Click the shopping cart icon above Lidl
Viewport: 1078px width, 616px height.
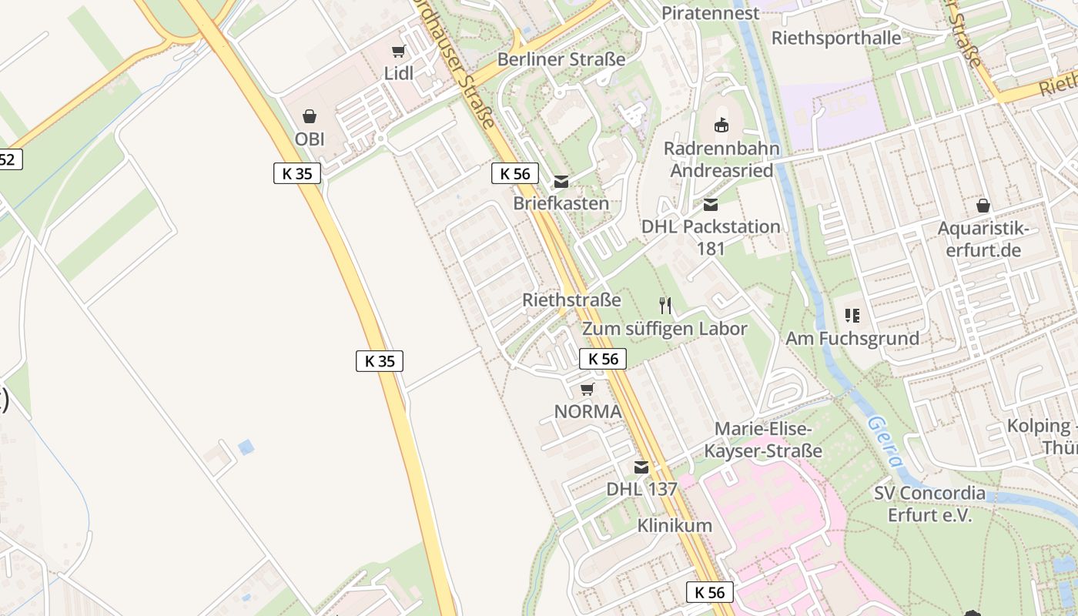pyautogui.click(x=398, y=52)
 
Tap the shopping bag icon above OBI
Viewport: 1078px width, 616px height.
pyautogui.click(x=310, y=116)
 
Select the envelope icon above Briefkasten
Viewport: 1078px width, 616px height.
pyautogui.click(x=561, y=182)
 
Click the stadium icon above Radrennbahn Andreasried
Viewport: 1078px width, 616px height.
pyautogui.click(x=721, y=125)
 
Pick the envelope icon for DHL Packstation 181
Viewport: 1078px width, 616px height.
pyautogui.click(x=710, y=204)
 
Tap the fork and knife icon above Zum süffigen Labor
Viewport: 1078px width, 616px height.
pyautogui.click(x=665, y=306)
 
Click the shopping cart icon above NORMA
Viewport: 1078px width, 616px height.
pyautogui.click(x=588, y=389)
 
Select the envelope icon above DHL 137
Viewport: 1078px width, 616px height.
pyautogui.click(x=641, y=467)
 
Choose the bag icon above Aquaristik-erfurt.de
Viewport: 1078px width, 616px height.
pyautogui.click(x=983, y=206)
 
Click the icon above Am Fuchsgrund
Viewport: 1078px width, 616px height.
pyautogui.click(x=852, y=315)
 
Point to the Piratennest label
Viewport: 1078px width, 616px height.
pyautogui.click(x=710, y=13)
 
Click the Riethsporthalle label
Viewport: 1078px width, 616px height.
pyautogui.click(x=836, y=38)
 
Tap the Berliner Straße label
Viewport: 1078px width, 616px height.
pyautogui.click(x=561, y=59)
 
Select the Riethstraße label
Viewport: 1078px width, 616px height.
pyautogui.click(x=571, y=300)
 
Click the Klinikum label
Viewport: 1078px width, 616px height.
pyautogui.click(x=675, y=526)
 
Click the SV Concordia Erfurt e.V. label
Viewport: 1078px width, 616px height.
pyautogui.click(x=929, y=504)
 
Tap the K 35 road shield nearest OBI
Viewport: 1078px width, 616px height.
pyautogui.click(x=297, y=173)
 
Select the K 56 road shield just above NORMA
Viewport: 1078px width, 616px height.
pyautogui.click(x=603, y=358)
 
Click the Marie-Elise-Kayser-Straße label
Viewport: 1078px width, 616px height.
pyautogui.click(x=763, y=440)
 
